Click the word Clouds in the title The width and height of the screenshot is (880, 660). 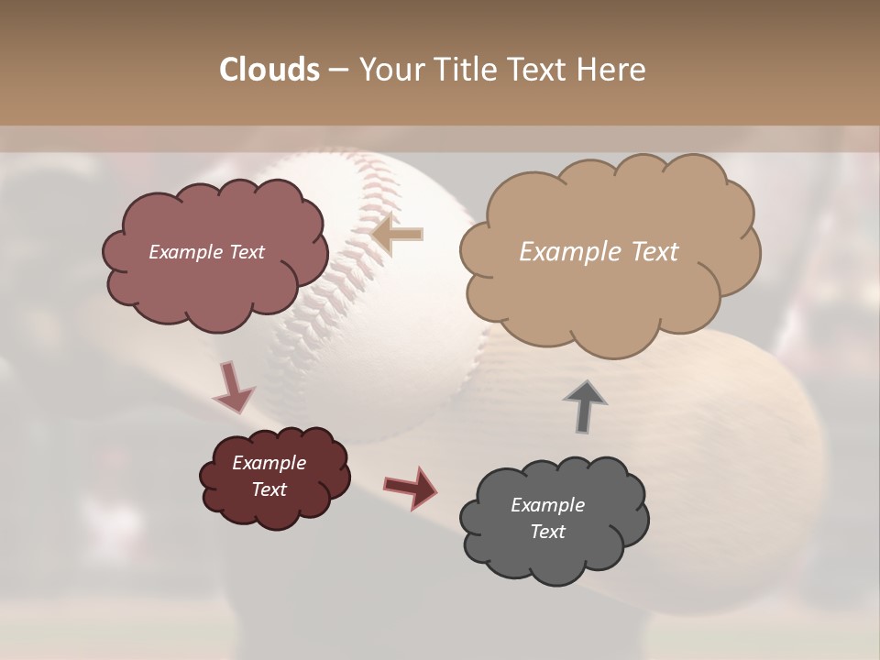(269, 70)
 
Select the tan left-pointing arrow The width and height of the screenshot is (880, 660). (398, 234)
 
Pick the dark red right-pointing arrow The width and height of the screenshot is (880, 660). (411, 487)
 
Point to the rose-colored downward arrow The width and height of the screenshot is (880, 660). (233, 387)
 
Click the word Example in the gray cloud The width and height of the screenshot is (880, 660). (547, 505)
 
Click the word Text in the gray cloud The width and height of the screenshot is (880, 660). (547, 532)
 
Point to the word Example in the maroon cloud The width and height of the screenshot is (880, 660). (269, 463)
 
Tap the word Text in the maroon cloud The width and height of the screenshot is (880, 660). (269, 489)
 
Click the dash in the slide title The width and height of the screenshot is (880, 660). (337, 71)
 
